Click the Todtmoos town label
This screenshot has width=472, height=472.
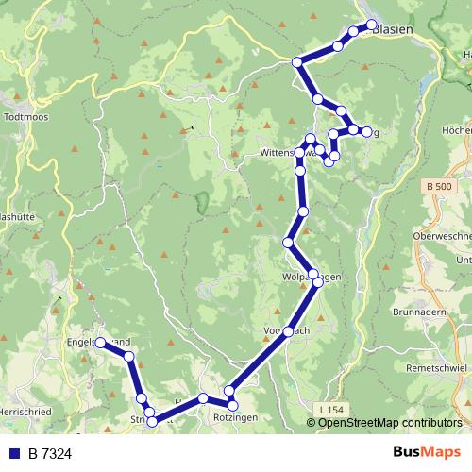(x=20, y=118)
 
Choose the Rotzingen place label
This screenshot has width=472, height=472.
(x=233, y=416)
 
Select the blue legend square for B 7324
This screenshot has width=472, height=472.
(x=13, y=454)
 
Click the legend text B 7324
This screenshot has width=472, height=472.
(x=50, y=454)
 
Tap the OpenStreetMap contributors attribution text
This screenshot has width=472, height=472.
(x=390, y=422)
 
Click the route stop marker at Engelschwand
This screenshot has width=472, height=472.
(x=100, y=344)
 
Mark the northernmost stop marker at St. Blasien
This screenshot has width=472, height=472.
(x=371, y=25)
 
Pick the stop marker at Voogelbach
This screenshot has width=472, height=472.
(x=289, y=331)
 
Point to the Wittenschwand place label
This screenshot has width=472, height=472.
(x=279, y=152)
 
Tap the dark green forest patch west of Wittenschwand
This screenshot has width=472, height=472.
(x=202, y=201)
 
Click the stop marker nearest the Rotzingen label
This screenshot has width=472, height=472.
(x=228, y=391)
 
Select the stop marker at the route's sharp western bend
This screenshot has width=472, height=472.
(x=296, y=62)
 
